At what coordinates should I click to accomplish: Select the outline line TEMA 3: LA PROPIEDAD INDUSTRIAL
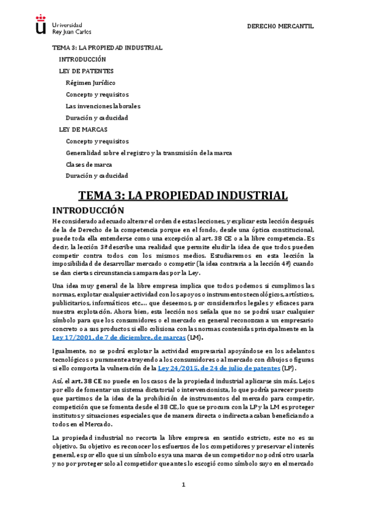click(107, 48)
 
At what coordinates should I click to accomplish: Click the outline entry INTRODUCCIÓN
click(82, 59)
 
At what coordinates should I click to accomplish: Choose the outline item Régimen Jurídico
click(90, 82)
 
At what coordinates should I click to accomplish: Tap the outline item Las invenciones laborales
click(104, 106)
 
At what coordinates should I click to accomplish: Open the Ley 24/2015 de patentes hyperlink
click(214, 369)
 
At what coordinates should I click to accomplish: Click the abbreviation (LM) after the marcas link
click(194, 338)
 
